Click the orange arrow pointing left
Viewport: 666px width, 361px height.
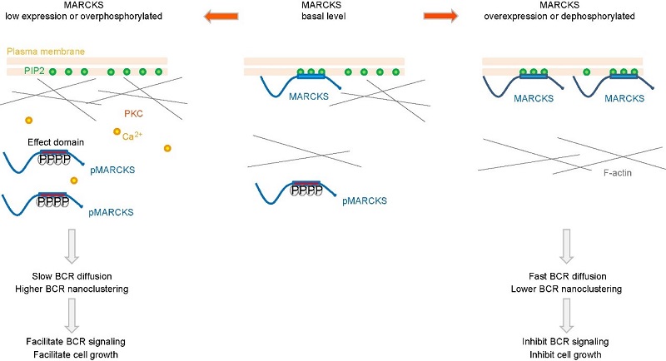(220, 14)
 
